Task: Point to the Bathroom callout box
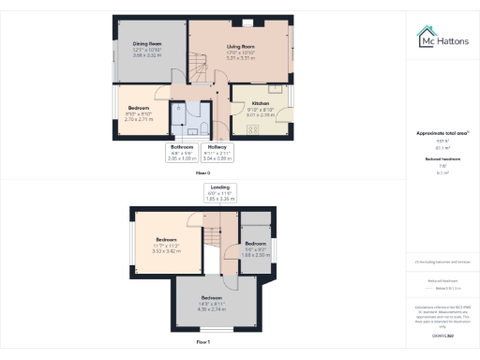[x=181, y=150]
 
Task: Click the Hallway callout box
[x=217, y=150]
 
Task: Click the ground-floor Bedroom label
[x=139, y=112]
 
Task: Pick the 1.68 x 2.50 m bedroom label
[x=256, y=247]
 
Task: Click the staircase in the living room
[x=213, y=89]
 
